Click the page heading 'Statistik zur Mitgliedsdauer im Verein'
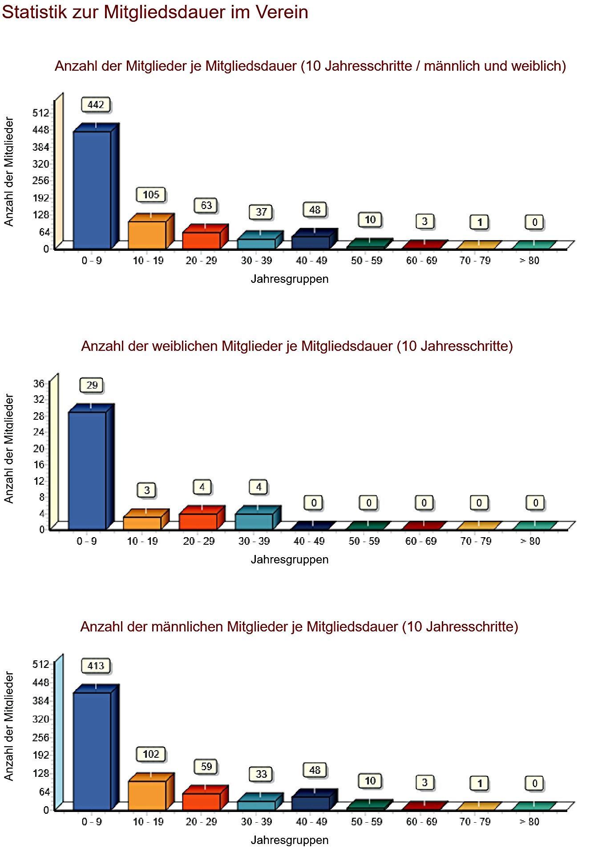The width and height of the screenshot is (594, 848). click(155, 12)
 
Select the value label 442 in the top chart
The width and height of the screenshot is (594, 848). click(96, 105)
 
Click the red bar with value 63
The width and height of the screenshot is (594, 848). click(201, 240)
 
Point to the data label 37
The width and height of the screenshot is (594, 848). click(261, 212)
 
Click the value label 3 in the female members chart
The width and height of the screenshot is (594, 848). click(147, 490)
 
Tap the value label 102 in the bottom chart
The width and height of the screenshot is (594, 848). click(151, 754)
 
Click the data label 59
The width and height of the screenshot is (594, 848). click(206, 767)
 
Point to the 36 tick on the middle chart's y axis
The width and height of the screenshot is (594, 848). click(39, 383)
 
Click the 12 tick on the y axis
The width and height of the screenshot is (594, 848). click(39, 481)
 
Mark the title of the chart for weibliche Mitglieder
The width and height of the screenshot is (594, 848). click(297, 346)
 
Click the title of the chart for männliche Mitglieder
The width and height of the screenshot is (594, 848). click(299, 627)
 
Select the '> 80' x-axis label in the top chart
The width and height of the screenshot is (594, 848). click(529, 261)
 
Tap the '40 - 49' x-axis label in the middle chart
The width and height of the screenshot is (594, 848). click(309, 541)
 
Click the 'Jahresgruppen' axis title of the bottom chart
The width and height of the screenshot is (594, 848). click(289, 840)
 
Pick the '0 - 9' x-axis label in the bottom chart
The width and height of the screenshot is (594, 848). click(91, 822)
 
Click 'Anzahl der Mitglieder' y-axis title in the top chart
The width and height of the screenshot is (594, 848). click(9, 172)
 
